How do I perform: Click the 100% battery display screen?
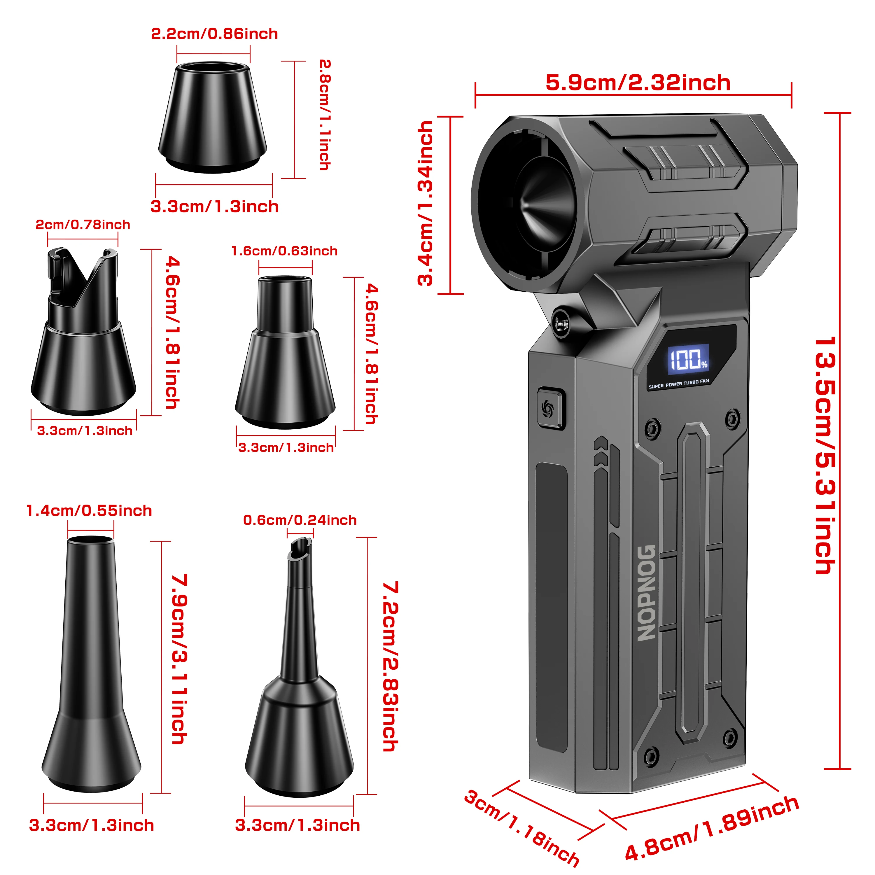coord(688,359)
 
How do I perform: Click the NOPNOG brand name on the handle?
coord(646,592)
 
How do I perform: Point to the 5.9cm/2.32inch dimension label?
coord(638,83)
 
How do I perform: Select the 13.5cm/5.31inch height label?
coord(825,455)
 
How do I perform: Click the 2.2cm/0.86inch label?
coord(214,34)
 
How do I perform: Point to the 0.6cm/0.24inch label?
coord(300,520)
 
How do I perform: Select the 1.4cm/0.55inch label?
coord(89,511)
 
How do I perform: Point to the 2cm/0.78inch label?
coord(83,225)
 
